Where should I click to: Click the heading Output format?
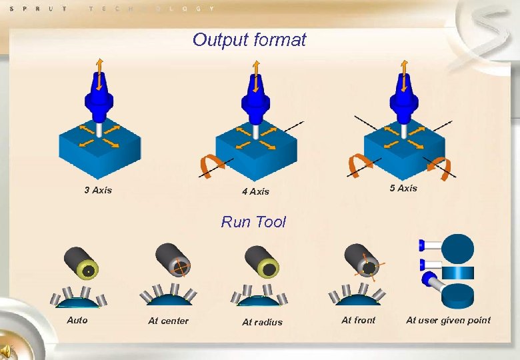click(249, 39)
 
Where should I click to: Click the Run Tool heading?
click(253, 222)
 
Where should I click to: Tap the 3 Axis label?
click(98, 190)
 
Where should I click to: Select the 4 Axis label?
click(255, 191)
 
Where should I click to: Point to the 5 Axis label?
click(403, 188)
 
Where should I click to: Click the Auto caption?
click(77, 320)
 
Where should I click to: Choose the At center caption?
click(168, 321)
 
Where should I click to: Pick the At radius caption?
click(262, 322)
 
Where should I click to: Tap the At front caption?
click(358, 320)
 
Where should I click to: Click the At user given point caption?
click(448, 320)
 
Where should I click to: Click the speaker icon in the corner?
click(8, 351)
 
